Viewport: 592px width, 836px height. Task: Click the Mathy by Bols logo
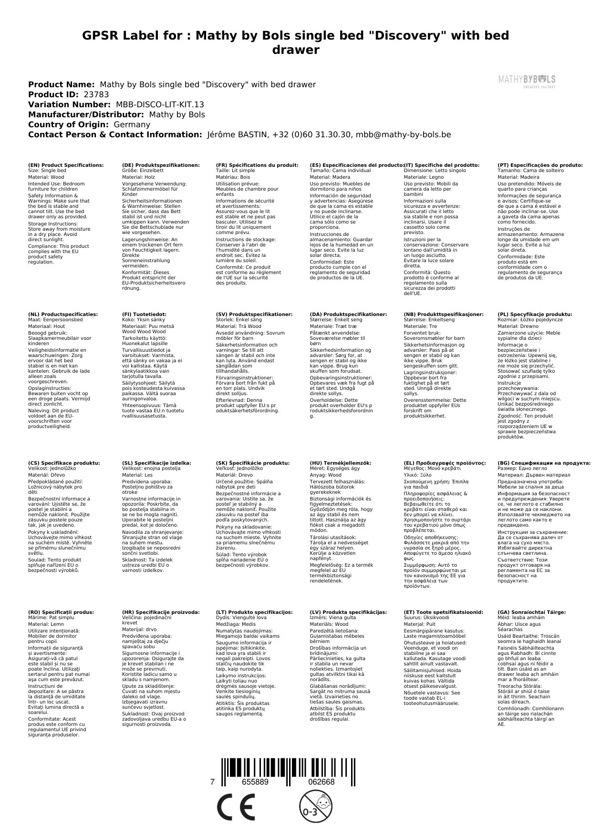pyautogui.click(x=526, y=81)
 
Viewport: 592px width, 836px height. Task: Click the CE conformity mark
pyautogui.click(x=236, y=806)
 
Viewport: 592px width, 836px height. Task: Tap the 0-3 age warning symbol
pyautogui.click(x=312, y=806)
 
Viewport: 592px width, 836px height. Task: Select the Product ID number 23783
pyautogui.click(x=96, y=94)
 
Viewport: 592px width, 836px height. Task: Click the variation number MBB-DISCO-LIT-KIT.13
pyautogui.click(x=160, y=104)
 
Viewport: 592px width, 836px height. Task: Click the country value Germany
pyautogui.click(x=132, y=124)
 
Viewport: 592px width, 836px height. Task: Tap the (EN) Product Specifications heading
pyautogui.click(x=66, y=165)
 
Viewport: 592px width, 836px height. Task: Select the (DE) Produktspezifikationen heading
pyautogui.click(x=161, y=165)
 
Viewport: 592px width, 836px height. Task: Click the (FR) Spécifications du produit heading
pyautogui.click(x=257, y=165)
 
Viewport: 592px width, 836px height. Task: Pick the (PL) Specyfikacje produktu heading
pyautogui.click(x=535, y=315)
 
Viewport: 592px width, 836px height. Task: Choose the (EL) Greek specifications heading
pyautogui.click(x=445, y=463)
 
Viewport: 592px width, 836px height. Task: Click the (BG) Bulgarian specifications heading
pyautogui.click(x=544, y=463)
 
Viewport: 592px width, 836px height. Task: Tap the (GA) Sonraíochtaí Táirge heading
pyautogui.click(x=531, y=612)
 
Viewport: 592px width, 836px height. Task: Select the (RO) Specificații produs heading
pyautogui.click(x=61, y=612)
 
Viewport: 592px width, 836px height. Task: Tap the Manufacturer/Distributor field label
pyautogui.click(x=86, y=114)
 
